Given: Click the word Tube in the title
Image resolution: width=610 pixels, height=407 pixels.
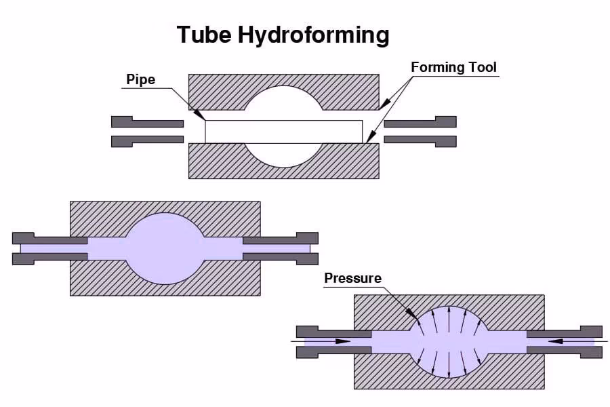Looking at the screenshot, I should (203, 35).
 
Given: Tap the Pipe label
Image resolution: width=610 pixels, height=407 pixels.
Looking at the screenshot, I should (140, 79).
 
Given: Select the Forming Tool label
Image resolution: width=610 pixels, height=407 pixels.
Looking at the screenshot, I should (453, 67).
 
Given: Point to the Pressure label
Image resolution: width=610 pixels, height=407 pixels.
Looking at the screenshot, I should (352, 278).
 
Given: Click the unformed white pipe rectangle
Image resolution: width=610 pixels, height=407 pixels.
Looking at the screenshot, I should (224, 131).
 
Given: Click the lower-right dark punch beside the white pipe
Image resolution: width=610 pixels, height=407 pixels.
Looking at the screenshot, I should (420, 140).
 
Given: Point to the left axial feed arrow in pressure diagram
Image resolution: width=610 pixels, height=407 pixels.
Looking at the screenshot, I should (339, 341).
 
